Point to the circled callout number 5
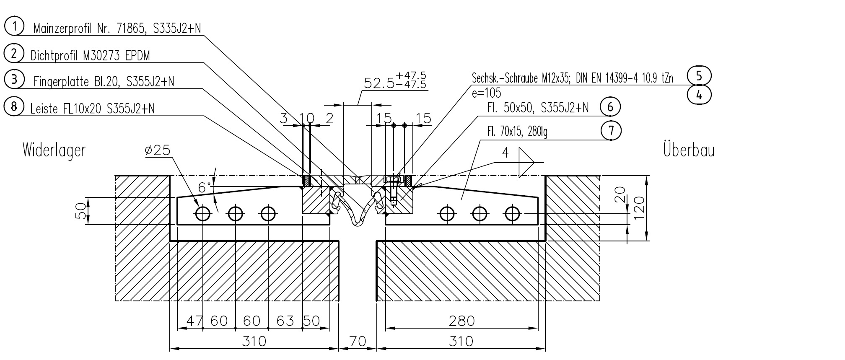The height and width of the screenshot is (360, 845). click(699, 76)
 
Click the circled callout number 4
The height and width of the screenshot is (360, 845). click(699, 95)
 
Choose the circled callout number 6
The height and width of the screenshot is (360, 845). click(610, 107)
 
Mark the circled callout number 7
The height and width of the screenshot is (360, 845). click(611, 130)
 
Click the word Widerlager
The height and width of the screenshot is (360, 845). click(54, 150)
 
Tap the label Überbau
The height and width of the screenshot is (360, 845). click(689, 150)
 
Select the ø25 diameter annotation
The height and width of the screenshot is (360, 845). click(158, 150)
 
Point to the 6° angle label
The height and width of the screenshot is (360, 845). click(205, 187)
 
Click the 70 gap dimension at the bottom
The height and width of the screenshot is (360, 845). click(358, 341)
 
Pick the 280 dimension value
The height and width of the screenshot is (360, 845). click(461, 321)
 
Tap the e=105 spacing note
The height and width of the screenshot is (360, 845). click(486, 93)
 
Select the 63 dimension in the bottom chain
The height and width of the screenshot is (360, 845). click(285, 321)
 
